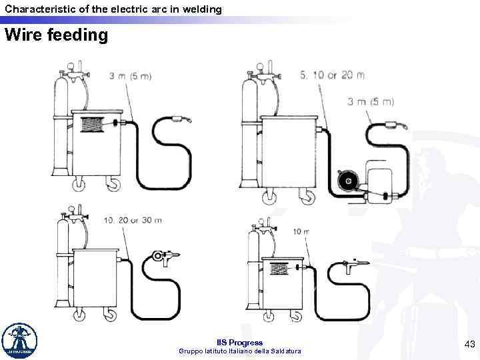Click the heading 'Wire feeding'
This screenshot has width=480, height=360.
pyautogui.click(x=56, y=34)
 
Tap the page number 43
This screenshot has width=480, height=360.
pyautogui.click(x=469, y=343)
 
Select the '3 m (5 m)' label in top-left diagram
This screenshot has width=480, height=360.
pyautogui.click(x=129, y=76)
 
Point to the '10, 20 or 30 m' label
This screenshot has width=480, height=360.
pyautogui.click(x=133, y=220)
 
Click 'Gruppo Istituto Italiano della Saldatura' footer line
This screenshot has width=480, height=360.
pyautogui.click(x=240, y=351)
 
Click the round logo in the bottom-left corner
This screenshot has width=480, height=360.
pyautogui.click(x=20, y=341)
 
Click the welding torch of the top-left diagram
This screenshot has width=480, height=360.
pyautogui.click(x=181, y=121)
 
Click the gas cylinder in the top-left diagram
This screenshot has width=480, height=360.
pyautogui.click(x=60, y=130)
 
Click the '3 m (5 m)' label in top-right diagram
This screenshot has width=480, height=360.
pyautogui.click(x=371, y=102)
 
